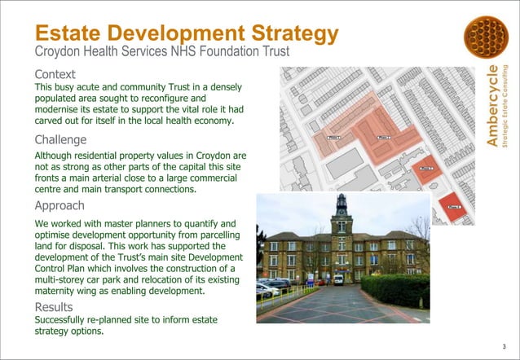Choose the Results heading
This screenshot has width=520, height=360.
(55, 307)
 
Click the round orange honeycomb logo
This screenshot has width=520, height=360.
(485, 37)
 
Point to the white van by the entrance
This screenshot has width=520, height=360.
(338, 279)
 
